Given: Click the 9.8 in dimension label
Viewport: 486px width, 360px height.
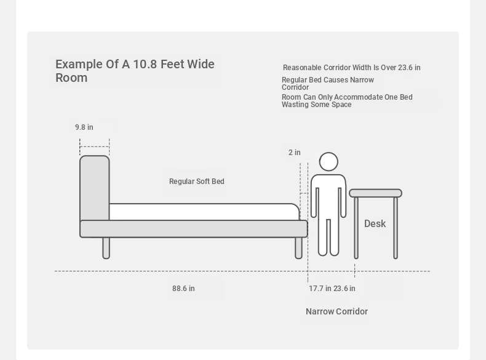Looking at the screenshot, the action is point(84,127).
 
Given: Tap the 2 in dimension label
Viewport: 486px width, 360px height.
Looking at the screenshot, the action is point(295,153).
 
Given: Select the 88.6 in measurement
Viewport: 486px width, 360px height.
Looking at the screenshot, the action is point(183,289).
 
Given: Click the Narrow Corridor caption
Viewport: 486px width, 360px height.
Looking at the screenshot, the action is point(337,311).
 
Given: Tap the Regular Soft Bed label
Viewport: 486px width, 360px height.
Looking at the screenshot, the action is point(197,182).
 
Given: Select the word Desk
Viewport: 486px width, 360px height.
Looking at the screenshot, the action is point(375,223).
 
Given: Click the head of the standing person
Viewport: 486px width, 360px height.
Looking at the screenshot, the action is point(329,162).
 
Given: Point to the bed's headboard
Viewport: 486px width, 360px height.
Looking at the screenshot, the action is point(95,188).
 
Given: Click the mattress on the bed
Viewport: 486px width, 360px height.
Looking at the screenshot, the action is point(204,212).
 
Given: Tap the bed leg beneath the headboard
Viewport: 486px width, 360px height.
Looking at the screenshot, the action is point(106,248).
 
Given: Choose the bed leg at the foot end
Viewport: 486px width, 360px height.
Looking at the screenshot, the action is point(298,248).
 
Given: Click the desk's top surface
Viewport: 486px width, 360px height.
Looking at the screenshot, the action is point(376,193).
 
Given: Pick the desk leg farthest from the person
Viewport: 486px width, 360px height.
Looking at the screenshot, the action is point(396,228).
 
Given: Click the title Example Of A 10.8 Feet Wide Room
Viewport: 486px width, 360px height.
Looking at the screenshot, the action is point(135,71).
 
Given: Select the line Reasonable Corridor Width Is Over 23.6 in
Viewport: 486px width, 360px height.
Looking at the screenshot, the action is point(352,68).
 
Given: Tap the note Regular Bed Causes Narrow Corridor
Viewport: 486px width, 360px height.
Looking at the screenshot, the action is point(328,84).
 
